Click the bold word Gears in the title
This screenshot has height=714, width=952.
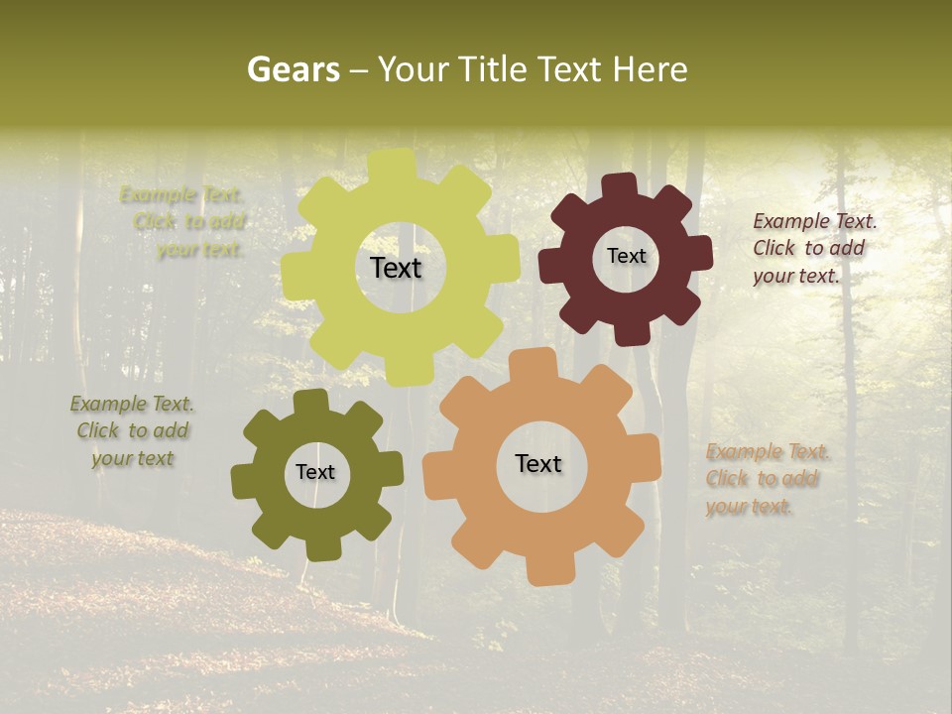[x=293, y=69]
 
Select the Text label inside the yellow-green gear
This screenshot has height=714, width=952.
[x=396, y=268]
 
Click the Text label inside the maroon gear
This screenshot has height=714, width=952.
[x=626, y=256]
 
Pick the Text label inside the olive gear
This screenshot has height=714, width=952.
[x=315, y=473]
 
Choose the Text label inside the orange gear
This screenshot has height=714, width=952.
[x=538, y=464]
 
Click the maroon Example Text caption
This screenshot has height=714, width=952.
[x=814, y=249]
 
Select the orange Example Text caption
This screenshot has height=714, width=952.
[x=767, y=480]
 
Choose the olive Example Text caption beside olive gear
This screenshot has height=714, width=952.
[x=132, y=431]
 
